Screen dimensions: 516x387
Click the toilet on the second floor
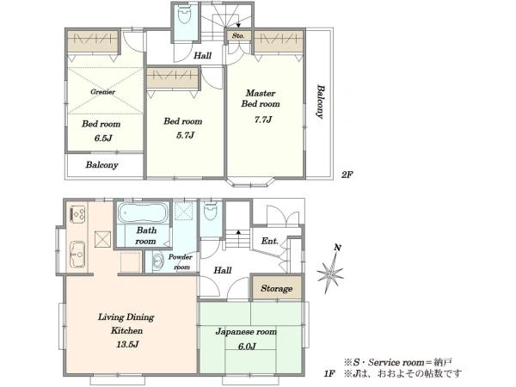point(184,15)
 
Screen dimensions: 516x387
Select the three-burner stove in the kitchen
point(77,214)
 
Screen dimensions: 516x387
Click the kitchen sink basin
point(77,254)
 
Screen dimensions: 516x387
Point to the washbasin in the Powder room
point(158,261)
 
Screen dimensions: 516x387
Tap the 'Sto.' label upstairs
point(238,35)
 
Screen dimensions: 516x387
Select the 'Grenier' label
point(103,92)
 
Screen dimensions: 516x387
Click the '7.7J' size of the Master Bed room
point(263,120)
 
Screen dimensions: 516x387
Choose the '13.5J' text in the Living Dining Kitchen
point(127,345)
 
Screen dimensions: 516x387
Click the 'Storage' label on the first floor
point(276,289)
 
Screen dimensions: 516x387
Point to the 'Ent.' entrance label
point(269,241)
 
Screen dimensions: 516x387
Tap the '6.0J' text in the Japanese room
point(247,347)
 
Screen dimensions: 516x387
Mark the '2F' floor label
point(347,175)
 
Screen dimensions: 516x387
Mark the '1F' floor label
point(329,373)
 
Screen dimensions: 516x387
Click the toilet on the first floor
point(211,212)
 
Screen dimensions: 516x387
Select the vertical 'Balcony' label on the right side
point(320,101)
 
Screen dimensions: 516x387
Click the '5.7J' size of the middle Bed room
point(185,135)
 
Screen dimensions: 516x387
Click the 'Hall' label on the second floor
point(202,55)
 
